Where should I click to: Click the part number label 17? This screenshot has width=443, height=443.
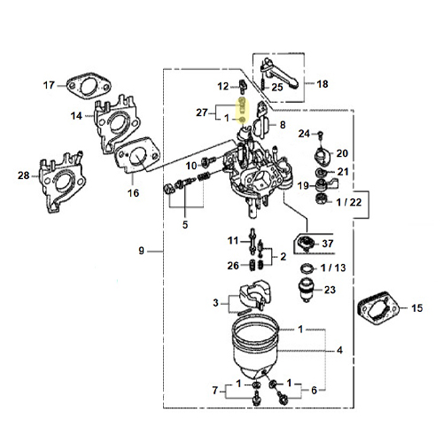click(49, 85)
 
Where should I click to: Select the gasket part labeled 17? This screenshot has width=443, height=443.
click(89, 85)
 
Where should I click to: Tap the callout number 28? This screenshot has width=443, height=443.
click(24, 175)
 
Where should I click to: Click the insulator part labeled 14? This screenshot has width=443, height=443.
click(116, 124)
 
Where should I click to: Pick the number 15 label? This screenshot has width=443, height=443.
click(417, 308)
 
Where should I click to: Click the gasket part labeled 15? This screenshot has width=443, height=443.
click(378, 309)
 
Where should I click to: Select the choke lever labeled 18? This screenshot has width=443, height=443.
click(279, 74)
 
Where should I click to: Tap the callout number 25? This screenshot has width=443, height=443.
click(277, 87)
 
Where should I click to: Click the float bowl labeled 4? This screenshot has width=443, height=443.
click(255, 348)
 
